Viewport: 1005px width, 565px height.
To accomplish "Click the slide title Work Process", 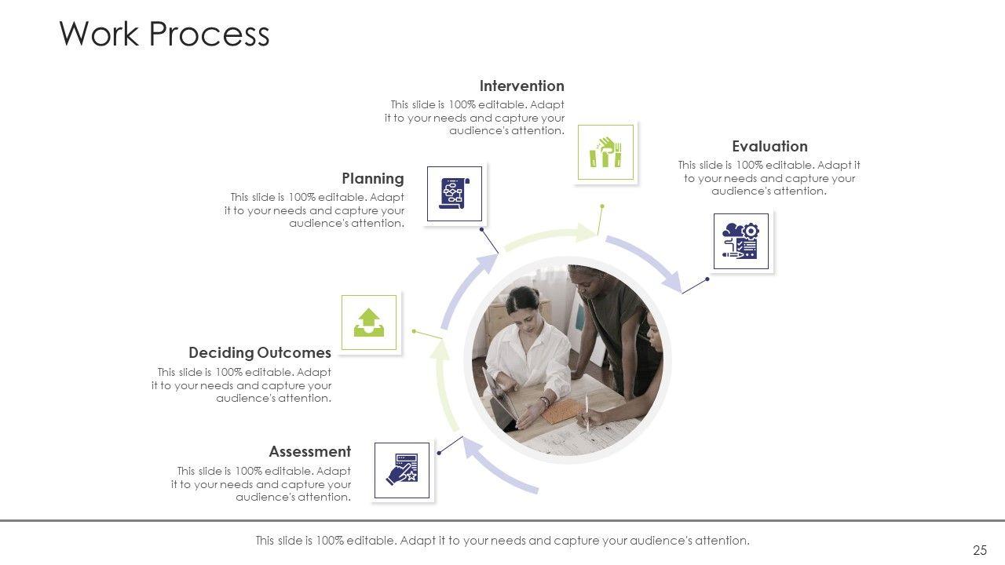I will (x=164, y=35).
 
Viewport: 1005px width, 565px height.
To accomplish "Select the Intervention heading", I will (x=521, y=86).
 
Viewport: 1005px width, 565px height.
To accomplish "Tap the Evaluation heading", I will (x=769, y=146).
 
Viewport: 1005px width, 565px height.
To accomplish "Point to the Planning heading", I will (x=372, y=178).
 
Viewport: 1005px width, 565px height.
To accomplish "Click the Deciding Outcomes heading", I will (x=259, y=352).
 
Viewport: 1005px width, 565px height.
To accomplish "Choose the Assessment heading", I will (x=309, y=451).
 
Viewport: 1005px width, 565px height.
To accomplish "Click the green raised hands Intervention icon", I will (x=605, y=152).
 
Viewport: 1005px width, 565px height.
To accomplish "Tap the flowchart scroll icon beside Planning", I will (x=455, y=193).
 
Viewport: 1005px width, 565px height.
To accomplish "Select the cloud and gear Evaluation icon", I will (x=740, y=241).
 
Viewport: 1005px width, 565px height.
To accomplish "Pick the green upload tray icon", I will (x=369, y=323).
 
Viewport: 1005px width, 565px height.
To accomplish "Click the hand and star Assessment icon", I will (x=402, y=470).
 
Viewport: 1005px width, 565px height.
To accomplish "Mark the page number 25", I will (x=979, y=550).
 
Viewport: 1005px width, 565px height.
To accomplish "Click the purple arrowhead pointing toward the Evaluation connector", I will (x=671, y=279).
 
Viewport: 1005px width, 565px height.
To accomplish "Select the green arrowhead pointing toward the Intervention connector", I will (x=584, y=232).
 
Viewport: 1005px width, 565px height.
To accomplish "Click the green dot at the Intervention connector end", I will (x=601, y=206).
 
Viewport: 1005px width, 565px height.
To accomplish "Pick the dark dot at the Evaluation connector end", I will (x=707, y=279).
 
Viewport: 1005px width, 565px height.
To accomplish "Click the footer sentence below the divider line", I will (x=502, y=540).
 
